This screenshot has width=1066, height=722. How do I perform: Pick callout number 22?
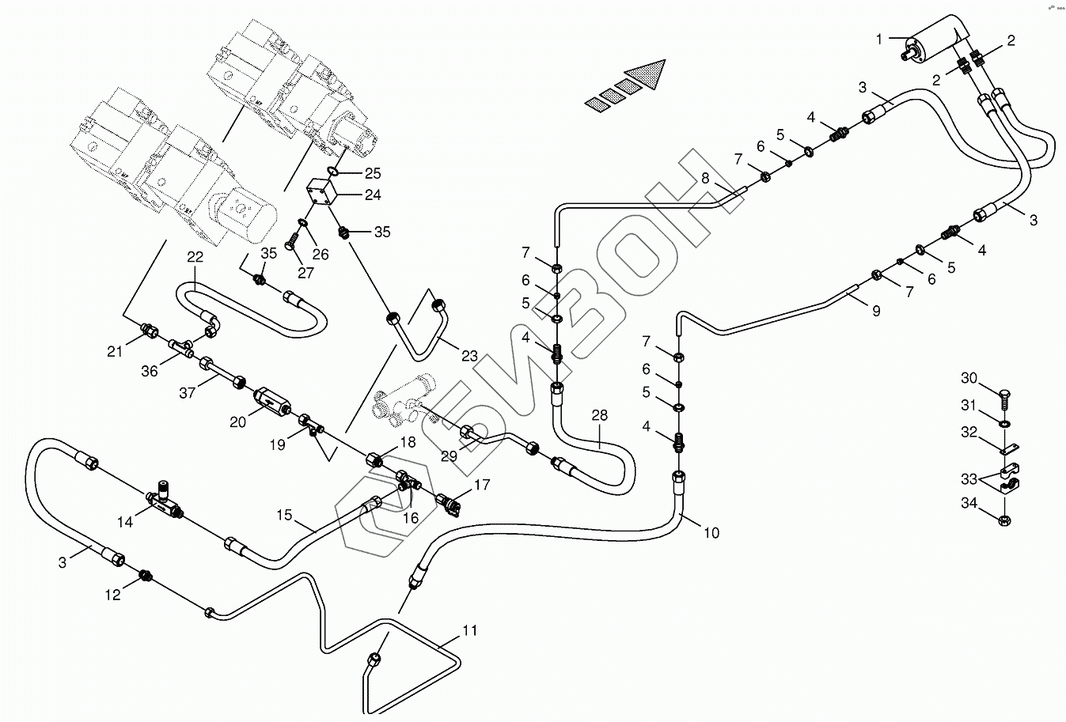point(195,257)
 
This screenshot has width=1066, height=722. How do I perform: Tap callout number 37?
point(188,391)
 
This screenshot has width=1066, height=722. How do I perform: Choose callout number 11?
point(470,631)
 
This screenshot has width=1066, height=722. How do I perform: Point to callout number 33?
point(969,479)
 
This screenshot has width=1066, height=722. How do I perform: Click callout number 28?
point(599,416)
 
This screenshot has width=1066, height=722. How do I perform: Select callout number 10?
point(711,533)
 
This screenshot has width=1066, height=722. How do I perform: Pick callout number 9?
point(876,311)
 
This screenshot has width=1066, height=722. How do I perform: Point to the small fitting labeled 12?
point(145,575)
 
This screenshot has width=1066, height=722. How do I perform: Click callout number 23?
point(469,356)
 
